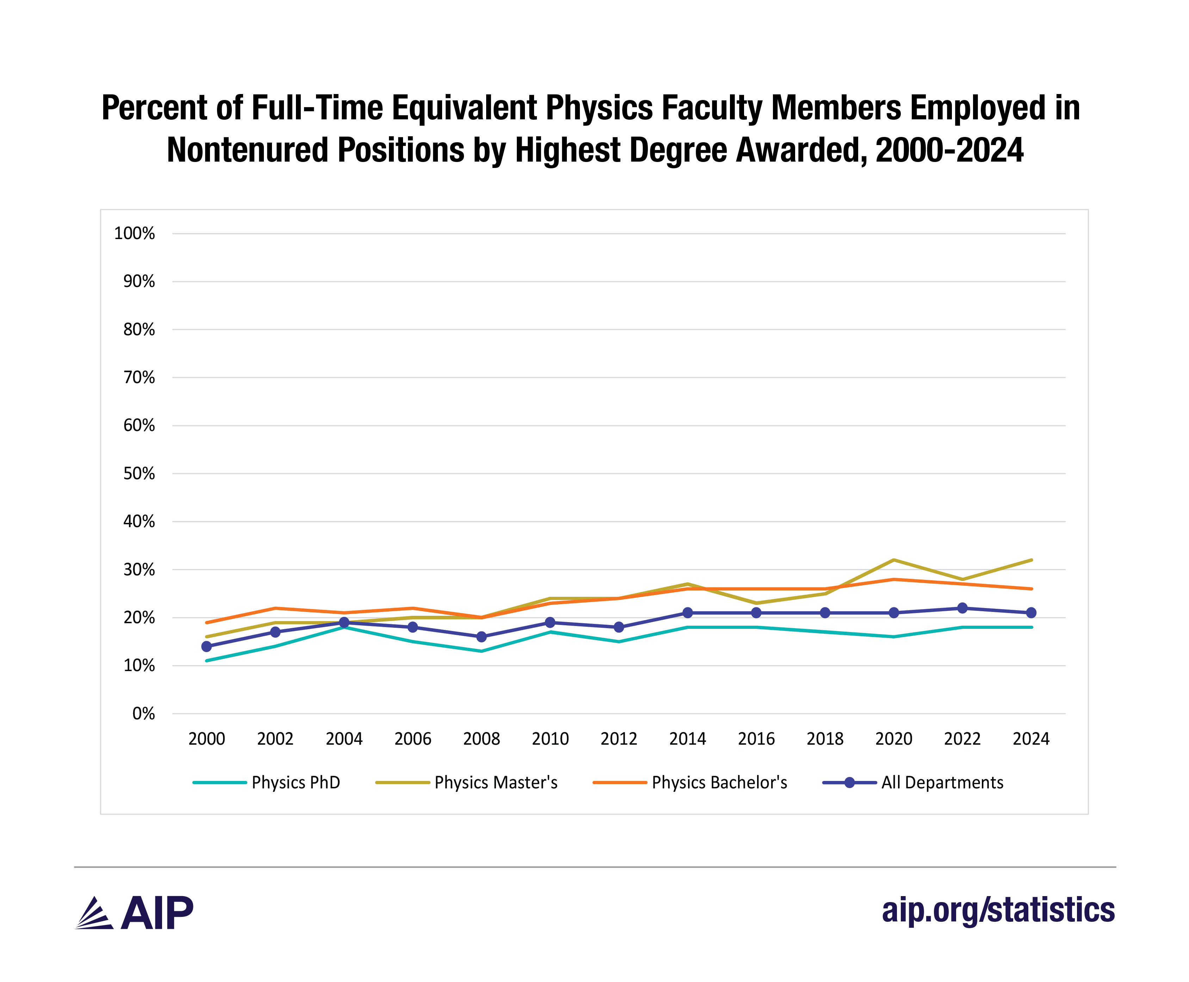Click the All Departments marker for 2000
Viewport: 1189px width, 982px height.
(206, 646)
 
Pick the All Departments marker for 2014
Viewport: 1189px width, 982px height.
(688, 613)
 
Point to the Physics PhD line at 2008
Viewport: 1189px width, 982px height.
(481, 651)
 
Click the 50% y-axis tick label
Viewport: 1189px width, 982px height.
(139, 474)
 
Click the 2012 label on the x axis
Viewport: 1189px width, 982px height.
(619, 739)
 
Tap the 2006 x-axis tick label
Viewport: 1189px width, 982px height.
(413, 739)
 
